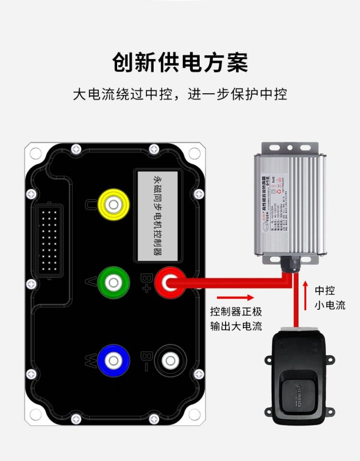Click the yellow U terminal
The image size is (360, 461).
click(113, 205)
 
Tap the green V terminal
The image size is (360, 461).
click(113, 282)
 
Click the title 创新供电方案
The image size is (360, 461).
click(180, 63)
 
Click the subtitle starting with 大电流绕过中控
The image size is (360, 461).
click(180, 94)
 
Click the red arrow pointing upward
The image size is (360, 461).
click(305, 296)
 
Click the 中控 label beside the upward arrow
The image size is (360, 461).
click(324, 291)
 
